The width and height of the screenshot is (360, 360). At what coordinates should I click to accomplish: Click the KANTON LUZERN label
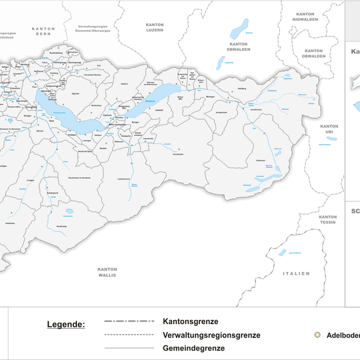(155, 27)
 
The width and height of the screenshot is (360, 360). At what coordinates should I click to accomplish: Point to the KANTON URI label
(329, 129)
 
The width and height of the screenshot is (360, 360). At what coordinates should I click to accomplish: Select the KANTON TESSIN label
(327, 219)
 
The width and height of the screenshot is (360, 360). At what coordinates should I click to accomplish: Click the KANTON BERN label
(43, 31)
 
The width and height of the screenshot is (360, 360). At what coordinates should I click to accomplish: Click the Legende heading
(66, 325)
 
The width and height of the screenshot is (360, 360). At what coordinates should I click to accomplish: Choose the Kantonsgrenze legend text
(191, 321)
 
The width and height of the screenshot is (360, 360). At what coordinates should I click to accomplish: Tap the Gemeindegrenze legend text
(193, 348)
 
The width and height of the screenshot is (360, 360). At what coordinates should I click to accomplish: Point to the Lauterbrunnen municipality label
(123, 179)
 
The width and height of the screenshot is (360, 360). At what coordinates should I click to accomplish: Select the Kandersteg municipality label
(61, 227)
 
